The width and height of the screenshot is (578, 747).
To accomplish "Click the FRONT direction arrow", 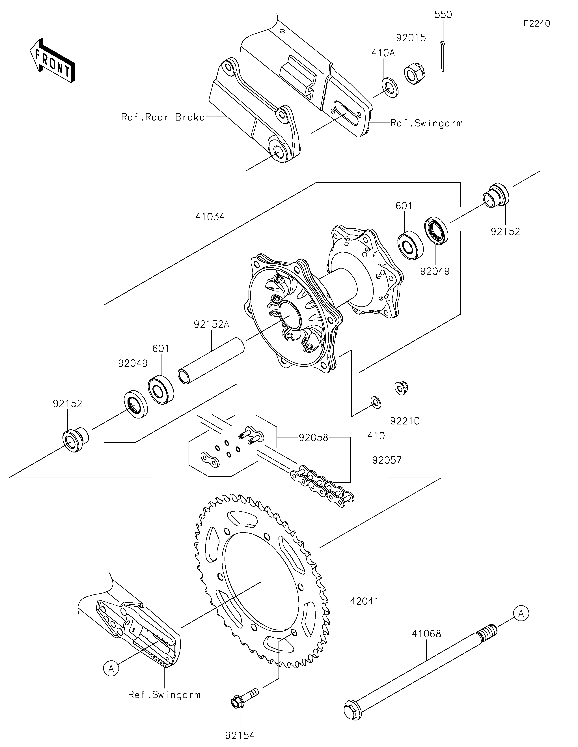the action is click(x=52, y=60).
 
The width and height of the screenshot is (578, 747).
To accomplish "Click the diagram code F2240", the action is click(x=537, y=24).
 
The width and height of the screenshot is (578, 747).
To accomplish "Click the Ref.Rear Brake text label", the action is click(x=163, y=117).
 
